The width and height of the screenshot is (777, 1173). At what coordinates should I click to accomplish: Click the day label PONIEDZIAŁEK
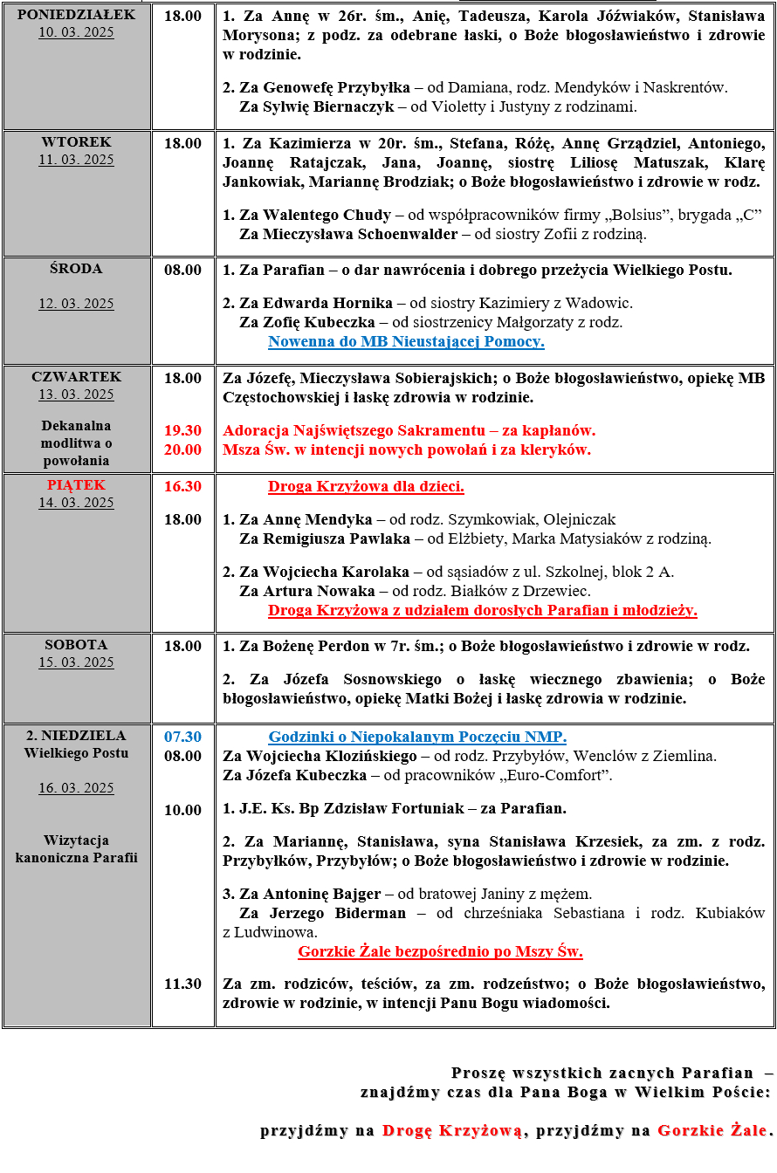click(x=76, y=15)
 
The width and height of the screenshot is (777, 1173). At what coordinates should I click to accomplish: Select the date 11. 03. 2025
click(x=76, y=160)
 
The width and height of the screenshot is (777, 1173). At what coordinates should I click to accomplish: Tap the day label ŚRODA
click(x=76, y=269)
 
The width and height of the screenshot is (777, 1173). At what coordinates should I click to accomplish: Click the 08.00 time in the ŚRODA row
click(x=182, y=270)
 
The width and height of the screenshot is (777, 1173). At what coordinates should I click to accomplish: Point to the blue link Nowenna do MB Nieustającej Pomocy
click(x=406, y=341)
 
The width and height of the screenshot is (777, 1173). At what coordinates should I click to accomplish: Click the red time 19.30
click(x=182, y=430)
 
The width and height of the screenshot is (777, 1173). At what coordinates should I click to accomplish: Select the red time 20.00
click(x=182, y=449)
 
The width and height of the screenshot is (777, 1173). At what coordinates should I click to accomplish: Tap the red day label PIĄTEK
click(x=76, y=484)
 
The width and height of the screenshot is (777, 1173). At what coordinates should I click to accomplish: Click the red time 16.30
click(x=182, y=486)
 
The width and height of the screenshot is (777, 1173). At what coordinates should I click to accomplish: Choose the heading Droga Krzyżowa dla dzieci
click(x=366, y=486)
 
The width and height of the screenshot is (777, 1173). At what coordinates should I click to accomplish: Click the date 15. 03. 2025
click(x=76, y=662)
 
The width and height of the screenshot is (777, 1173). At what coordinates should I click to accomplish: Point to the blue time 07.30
click(x=182, y=737)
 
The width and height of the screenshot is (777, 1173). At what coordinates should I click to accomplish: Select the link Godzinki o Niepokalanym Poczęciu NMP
click(x=417, y=737)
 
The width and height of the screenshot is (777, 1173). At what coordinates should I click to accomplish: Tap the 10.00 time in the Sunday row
click(x=182, y=810)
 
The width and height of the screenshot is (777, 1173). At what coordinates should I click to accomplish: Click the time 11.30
click(x=182, y=984)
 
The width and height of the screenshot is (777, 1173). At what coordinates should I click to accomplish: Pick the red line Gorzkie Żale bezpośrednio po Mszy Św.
click(x=440, y=951)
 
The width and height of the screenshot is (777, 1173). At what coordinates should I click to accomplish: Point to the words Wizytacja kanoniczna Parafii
click(x=76, y=848)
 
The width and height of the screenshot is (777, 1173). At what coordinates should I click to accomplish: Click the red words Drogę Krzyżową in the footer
click(x=453, y=1131)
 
